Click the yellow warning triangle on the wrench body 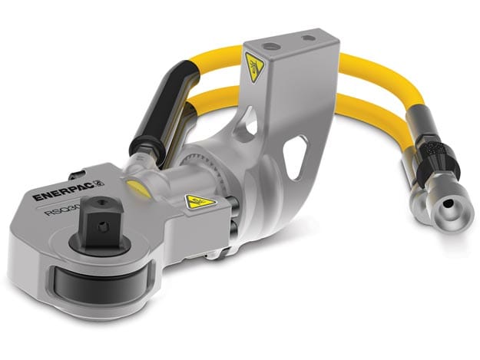199,202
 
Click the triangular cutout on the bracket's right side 293,160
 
